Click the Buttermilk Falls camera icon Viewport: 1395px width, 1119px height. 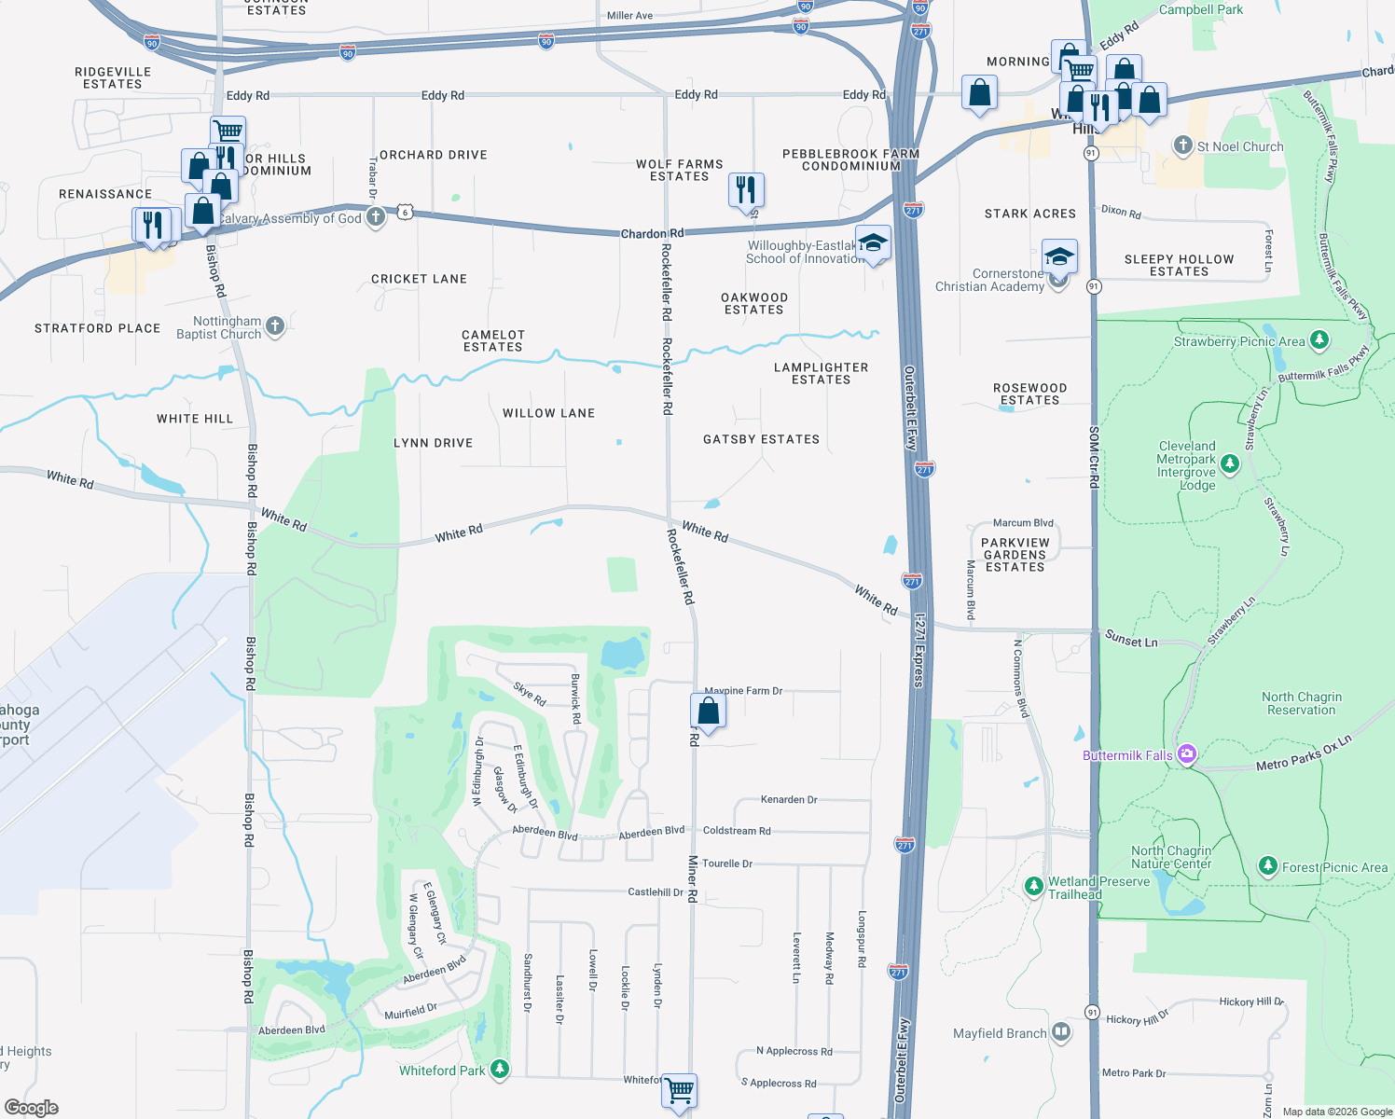click(1186, 754)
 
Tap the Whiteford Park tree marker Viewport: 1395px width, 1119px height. click(500, 1069)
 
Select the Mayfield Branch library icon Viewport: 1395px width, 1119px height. click(1061, 1032)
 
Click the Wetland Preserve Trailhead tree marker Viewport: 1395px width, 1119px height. click(1033, 886)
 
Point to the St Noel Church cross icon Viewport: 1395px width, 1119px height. click(1182, 145)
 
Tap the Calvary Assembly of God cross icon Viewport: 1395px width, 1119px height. click(375, 217)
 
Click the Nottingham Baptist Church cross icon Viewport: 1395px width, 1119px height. click(274, 326)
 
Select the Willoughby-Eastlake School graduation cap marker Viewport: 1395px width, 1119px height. click(872, 244)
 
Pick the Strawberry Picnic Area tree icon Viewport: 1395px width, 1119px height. click(1319, 339)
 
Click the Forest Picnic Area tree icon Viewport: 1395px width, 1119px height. click(1267, 866)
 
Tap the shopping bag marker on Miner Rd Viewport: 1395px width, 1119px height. click(708, 711)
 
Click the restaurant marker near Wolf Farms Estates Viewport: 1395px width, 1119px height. click(746, 189)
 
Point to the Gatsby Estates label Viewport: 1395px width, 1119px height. click(761, 439)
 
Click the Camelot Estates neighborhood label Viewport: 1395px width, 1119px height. click(493, 340)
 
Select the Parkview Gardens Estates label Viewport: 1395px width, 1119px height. click(1015, 555)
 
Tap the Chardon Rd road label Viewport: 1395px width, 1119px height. click(652, 233)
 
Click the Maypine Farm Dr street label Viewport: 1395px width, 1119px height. click(743, 691)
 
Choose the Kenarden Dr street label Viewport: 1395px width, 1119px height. click(788, 799)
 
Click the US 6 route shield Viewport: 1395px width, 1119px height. click(405, 212)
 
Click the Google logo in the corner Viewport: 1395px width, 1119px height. click(32, 1107)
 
